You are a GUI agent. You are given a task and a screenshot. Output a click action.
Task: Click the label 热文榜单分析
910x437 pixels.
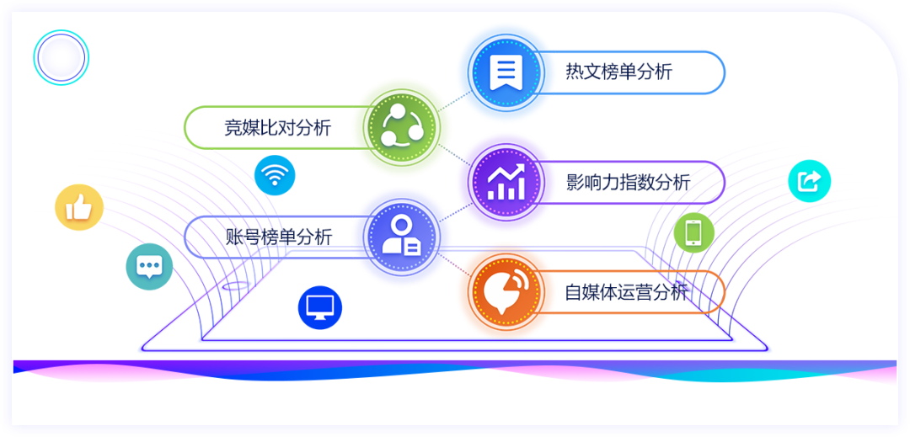tap(618, 72)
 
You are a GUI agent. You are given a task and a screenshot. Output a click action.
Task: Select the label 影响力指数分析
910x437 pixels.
tap(628, 182)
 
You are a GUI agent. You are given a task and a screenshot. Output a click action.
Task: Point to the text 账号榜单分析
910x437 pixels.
tap(279, 237)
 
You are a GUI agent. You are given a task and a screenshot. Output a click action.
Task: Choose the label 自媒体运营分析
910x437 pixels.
tap(627, 291)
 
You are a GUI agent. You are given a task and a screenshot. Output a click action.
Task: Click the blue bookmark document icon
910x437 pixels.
tap(506, 72)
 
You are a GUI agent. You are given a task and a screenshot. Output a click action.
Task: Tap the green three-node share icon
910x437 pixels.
tap(402, 127)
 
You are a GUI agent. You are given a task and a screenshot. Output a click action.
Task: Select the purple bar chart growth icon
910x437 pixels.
tap(506, 182)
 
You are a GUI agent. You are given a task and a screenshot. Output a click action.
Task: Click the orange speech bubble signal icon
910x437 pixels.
tap(506, 291)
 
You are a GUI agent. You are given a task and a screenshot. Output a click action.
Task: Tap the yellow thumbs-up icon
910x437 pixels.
tap(79, 207)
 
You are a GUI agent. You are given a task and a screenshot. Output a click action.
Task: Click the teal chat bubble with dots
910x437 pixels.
tap(149, 267)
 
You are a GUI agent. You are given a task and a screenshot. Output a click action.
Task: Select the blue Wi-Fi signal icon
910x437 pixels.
tap(275, 175)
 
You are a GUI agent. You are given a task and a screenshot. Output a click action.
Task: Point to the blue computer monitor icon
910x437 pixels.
tap(320, 308)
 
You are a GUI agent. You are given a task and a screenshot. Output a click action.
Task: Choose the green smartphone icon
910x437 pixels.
tap(693, 233)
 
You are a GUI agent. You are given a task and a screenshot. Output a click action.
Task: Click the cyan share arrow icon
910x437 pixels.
tap(809, 181)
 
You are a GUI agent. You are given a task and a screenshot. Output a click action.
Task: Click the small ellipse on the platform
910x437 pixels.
tap(236, 285)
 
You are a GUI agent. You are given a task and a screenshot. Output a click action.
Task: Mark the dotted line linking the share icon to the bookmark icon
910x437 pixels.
tap(454, 99)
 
